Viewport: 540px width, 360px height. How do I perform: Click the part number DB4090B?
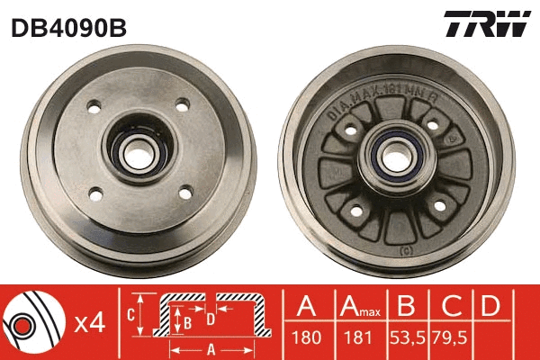pos(67,28)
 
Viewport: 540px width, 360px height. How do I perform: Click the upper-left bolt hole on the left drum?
pos(93,111)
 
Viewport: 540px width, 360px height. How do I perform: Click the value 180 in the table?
pos(306,338)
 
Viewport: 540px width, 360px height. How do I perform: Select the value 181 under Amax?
pos(355,338)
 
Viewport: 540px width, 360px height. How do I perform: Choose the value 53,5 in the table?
pos(405,338)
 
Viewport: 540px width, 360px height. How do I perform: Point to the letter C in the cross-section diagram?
pos(131,314)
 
